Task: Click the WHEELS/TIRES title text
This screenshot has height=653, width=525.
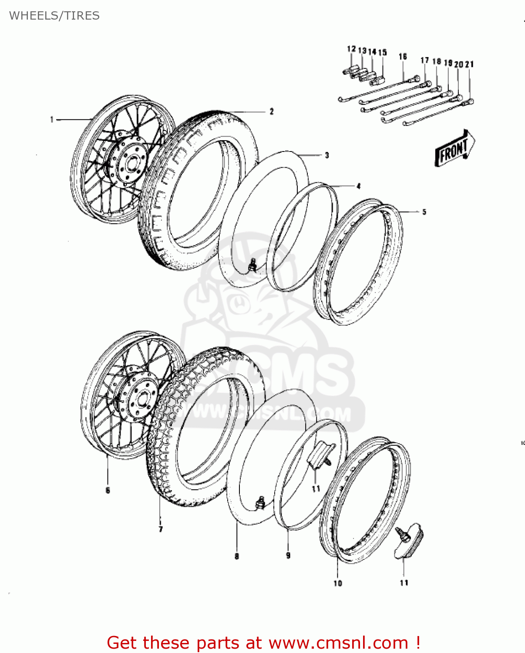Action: tap(54, 16)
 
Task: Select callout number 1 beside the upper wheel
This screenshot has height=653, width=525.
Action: tap(52, 119)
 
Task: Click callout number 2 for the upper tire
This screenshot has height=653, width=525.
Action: tap(272, 111)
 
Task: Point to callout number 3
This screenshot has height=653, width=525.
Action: tap(326, 155)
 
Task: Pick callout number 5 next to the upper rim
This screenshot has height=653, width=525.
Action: tap(424, 212)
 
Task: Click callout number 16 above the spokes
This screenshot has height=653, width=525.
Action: tap(403, 57)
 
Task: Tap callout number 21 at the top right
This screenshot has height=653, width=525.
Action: tap(469, 64)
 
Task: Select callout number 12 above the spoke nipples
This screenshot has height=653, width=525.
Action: tap(351, 49)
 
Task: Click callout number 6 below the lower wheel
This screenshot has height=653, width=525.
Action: tap(108, 491)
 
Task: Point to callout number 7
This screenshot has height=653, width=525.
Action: tap(161, 529)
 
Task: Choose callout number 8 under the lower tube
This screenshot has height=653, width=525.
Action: tap(237, 556)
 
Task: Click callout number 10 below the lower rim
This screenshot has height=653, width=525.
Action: tap(338, 583)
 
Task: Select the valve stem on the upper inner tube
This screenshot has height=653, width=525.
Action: tap(252, 264)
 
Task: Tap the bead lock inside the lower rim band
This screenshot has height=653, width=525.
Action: tap(320, 455)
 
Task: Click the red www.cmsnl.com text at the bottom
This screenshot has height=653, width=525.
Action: tap(338, 643)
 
